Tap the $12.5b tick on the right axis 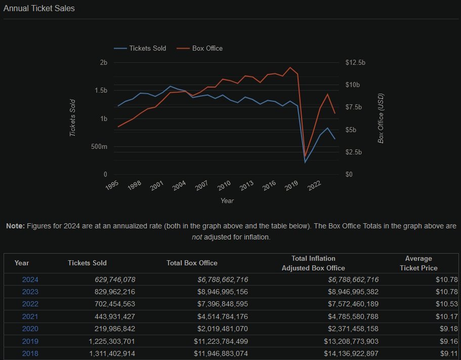click(355, 62)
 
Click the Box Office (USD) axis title click(381, 118)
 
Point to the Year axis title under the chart click(227, 201)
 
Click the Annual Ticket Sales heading click(39, 9)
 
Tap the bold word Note click(15, 226)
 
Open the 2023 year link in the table click(30, 292)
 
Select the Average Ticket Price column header click(418, 263)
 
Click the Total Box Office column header click(192, 263)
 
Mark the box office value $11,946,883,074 click(221, 354)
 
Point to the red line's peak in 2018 click(290, 67)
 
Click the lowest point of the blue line click(305, 162)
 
